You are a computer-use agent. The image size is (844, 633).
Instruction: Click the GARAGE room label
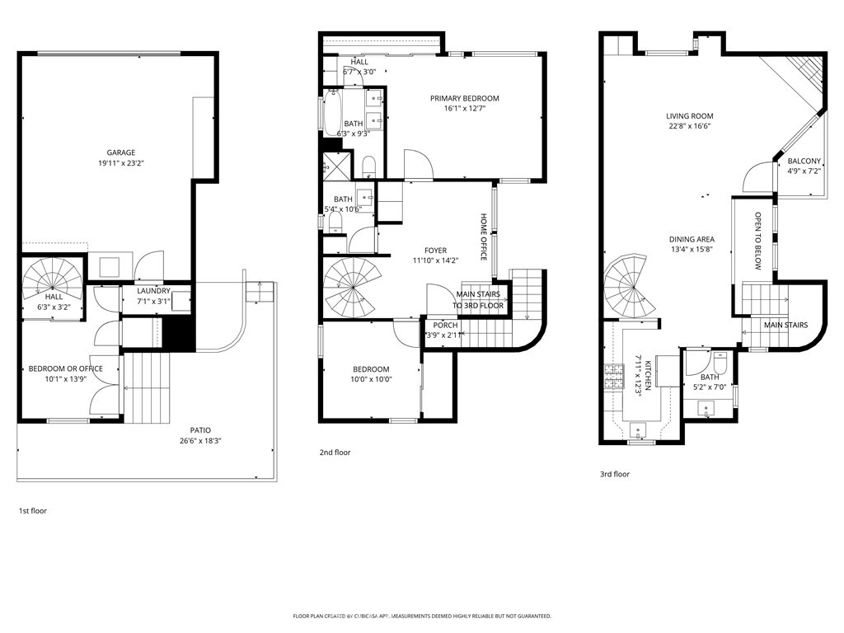(120, 152)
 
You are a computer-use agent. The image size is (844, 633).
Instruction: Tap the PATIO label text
(200, 430)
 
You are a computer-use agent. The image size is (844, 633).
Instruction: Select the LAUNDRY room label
(153, 291)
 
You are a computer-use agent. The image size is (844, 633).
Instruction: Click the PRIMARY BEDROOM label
(465, 99)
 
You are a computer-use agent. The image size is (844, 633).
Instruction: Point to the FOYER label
(435, 251)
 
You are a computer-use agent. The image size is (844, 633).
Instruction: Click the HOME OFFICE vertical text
(483, 237)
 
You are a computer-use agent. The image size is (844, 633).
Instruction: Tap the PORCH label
(445, 325)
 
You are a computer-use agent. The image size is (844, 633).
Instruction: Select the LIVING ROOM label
(690, 115)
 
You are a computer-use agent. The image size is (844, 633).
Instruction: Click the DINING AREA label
(692, 239)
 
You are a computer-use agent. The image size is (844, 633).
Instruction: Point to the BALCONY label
(804, 161)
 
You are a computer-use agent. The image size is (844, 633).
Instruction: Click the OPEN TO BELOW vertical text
(758, 241)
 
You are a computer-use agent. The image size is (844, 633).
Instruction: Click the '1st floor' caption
(33, 511)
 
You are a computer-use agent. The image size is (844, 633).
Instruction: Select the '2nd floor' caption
(335, 452)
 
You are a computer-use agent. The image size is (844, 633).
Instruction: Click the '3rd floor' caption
(615, 474)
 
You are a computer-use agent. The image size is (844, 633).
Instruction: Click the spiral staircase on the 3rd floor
(629, 287)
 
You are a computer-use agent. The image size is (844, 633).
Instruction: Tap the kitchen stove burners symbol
(613, 376)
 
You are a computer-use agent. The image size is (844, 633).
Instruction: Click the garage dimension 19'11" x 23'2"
(120, 163)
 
